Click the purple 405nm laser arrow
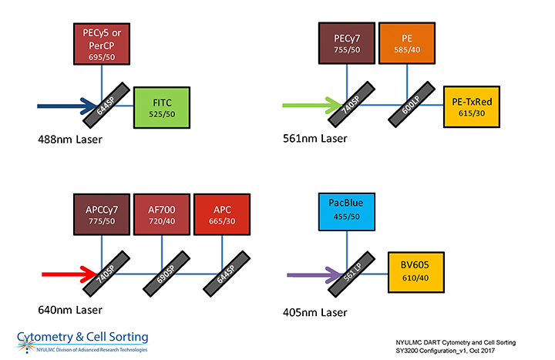(x=311, y=273)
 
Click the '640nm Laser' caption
(x=70, y=311)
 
